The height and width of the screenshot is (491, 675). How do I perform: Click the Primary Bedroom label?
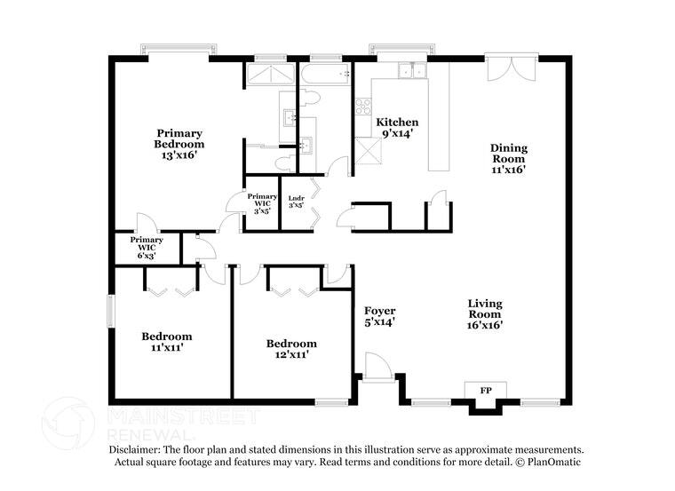pyautogui.click(x=179, y=144)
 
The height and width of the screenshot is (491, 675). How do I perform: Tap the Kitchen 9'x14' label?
pyautogui.click(x=397, y=127)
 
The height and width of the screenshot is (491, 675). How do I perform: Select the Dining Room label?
pyautogui.click(x=509, y=161)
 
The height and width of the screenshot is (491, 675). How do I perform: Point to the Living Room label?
pyautogui.click(x=486, y=313)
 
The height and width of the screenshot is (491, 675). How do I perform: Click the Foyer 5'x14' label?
pyautogui.click(x=379, y=316)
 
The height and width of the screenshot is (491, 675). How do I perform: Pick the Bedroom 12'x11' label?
pyautogui.click(x=291, y=349)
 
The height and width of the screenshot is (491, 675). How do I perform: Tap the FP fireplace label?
pyautogui.click(x=486, y=391)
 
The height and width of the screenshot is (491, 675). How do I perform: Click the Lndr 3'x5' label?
pyautogui.click(x=297, y=202)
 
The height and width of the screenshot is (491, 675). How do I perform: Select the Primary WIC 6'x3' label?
pyautogui.click(x=147, y=247)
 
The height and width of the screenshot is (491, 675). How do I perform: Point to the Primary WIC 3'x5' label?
pyautogui.click(x=262, y=203)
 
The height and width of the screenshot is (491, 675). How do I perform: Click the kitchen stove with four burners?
pyautogui.click(x=362, y=107)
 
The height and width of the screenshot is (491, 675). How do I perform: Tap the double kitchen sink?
pyautogui.click(x=410, y=71)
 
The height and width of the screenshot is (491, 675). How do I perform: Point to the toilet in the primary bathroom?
pyautogui.click(x=282, y=163)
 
